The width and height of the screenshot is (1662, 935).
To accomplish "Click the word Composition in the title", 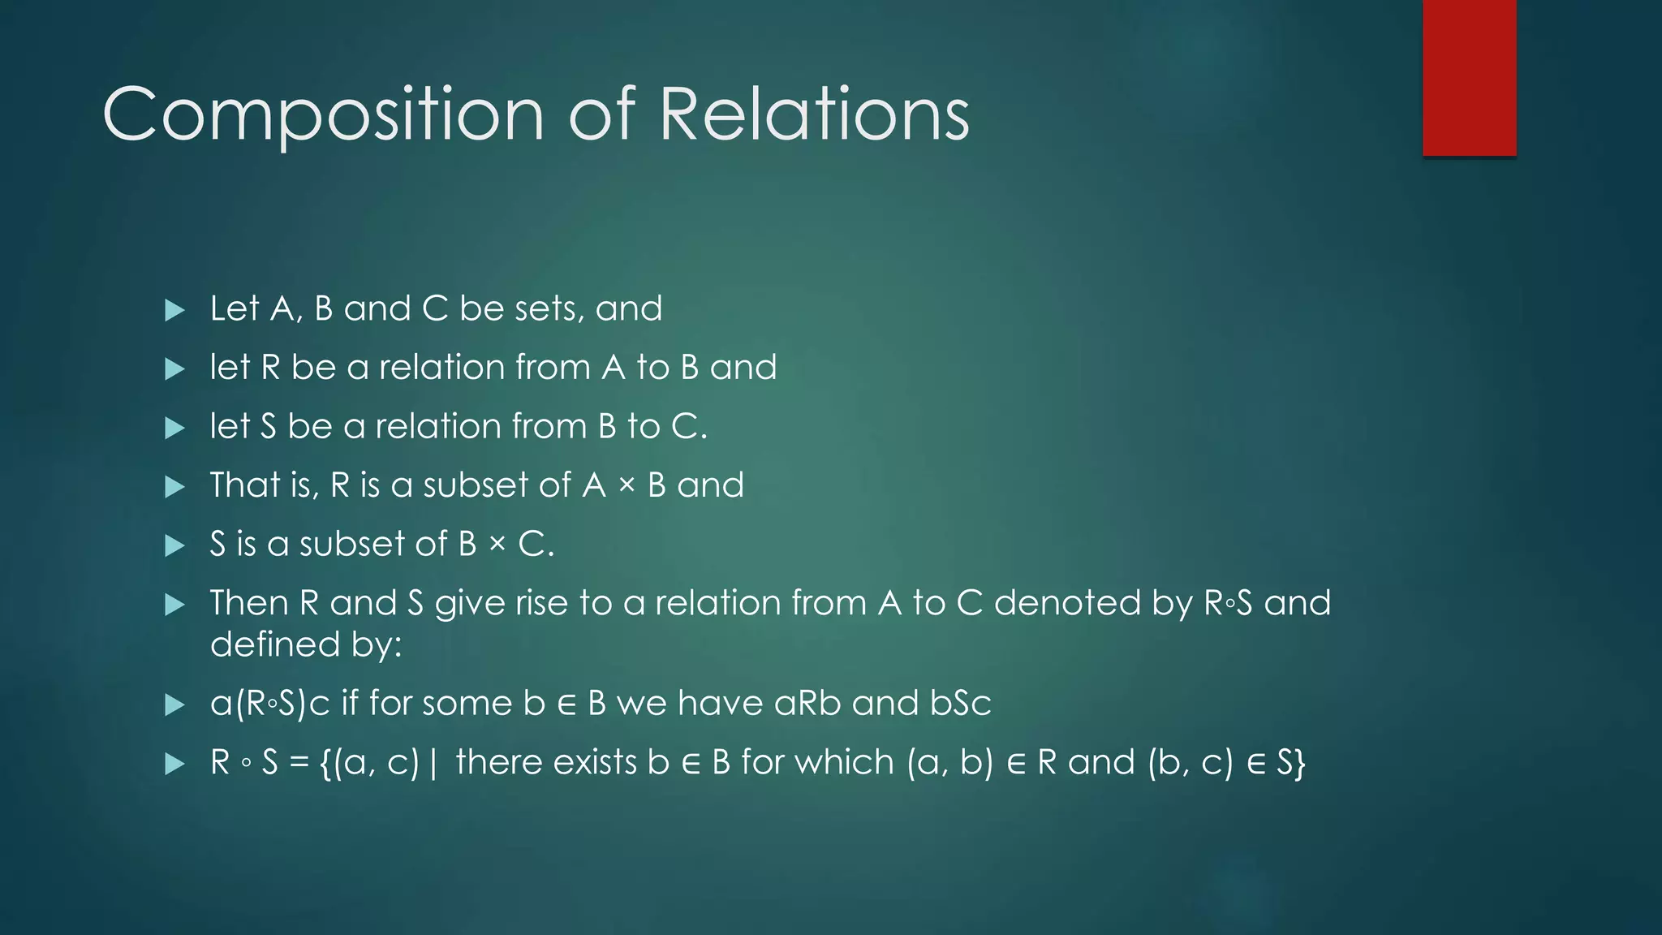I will click(323, 115).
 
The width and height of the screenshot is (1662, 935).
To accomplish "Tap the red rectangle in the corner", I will click(1469, 78).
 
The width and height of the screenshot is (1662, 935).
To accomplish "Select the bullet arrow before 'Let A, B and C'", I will click(174, 310).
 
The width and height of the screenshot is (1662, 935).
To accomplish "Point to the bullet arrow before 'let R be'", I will click(174, 369).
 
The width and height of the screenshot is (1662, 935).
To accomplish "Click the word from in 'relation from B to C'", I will click(545, 427).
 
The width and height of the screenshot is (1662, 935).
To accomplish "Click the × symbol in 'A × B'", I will click(626, 486).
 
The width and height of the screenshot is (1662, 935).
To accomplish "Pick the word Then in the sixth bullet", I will click(248, 603).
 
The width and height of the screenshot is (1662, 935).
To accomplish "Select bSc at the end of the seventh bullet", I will click(960, 704).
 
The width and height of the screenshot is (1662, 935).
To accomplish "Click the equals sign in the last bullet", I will click(299, 764).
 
